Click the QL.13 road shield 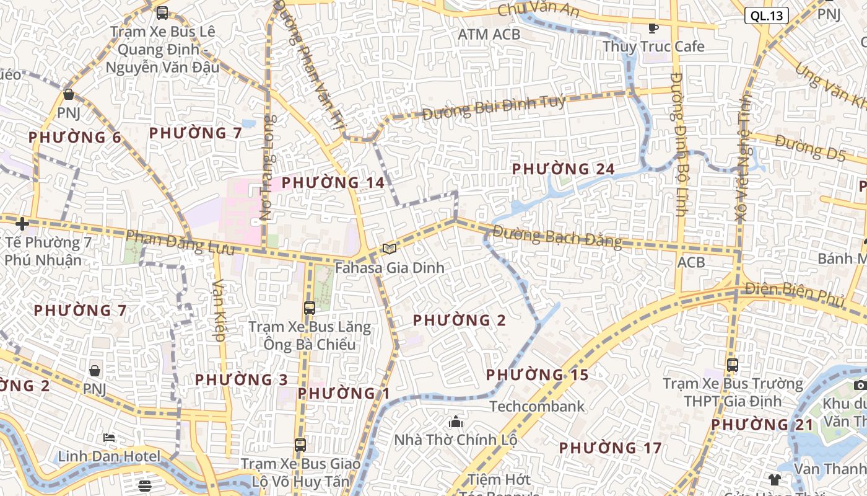(x=766, y=15)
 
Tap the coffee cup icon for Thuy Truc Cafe (x=653, y=28)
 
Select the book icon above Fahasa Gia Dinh (x=389, y=249)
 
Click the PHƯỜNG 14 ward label (x=333, y=183)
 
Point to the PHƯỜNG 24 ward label (x=563, y=169)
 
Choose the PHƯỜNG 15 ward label (x=537, y=375)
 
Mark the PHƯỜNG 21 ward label (x=761, y=425)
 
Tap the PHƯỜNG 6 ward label (x=75, y=138)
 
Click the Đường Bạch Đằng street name (x=557, y=237)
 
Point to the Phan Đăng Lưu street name (x=180, y=242)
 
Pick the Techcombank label (x=537, y=406)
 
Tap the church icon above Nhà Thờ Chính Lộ (x=456, y=422)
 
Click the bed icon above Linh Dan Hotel (x=109, y=438)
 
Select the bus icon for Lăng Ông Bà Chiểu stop (x=309, y=308)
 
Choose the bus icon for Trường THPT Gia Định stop (x=733, y=365)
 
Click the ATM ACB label (x=489, y=35)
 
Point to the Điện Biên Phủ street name (x=795, y=294)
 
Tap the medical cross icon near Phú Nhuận (x=22, y=224)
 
